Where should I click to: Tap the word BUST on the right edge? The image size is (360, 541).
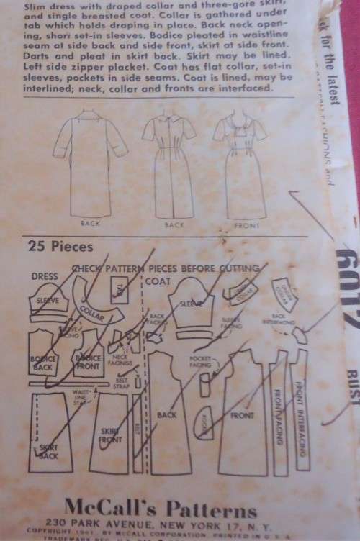[351, 375]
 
